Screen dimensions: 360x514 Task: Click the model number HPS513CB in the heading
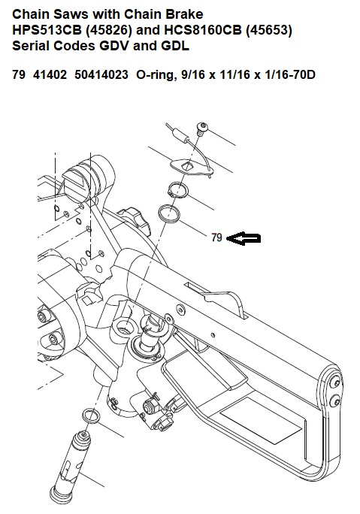pyautogui.click(x=47, y=30)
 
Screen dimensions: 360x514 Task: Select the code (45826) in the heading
pyautogui.click(x=108, y=30)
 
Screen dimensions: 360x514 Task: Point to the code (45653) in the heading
pyautogui.click(x=269, y=30)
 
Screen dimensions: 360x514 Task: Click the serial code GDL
pyautogui.click(x=175, y=46)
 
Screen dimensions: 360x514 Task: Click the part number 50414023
pyautogui.click(x=101, y=74)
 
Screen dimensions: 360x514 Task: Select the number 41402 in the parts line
pyautogui.click(x=50, y=74)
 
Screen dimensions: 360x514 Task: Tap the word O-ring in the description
pyautogui.click(x=153, y=75)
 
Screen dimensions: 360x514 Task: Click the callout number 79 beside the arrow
pyautogui.click(x=216, y=237)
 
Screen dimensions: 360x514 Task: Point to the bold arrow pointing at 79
pyautogui.click(x=244, y=238)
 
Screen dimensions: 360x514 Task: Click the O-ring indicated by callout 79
pyautogui.click(x=168, y=214)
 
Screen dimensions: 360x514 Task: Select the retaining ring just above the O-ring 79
pyautogui.click(x=177, y=190)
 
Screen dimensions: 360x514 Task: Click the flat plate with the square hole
pyautogui.click(x=192, y=167)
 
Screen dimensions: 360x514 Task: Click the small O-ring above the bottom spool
pyautogui.click(x=89, y=416)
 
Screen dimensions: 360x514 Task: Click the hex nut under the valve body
pyautogui.click(x=151, y=407)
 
